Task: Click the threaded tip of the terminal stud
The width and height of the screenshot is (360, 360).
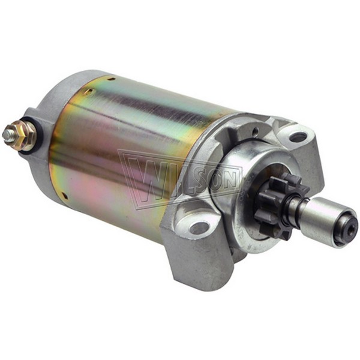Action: [7, 133]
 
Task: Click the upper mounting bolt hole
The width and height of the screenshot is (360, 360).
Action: [297, 137]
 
